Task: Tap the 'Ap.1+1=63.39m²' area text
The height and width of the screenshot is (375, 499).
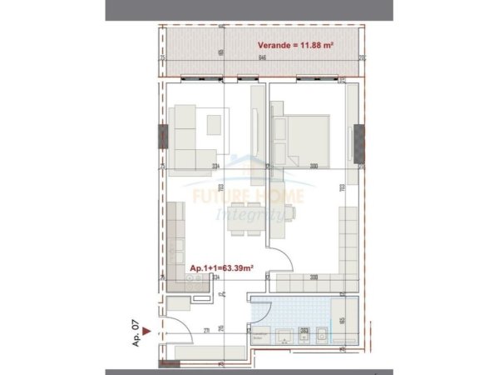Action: tap(220, 268)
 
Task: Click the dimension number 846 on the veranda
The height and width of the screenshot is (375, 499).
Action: tap(262, 58)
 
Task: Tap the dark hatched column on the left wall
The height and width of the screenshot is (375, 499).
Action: tap(159, 134)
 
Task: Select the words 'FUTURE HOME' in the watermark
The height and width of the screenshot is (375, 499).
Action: tap(248, 197)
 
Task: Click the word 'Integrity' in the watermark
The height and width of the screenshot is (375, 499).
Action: tap(249, 214)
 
